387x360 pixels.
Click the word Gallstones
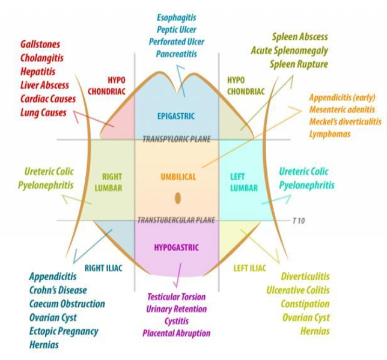point(40,45)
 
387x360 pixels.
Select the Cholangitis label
point(41,58)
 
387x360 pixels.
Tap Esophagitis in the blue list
point(177,18)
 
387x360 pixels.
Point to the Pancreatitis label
point(176,54)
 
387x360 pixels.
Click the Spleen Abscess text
point(300,37)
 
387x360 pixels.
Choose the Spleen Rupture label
point(299,64)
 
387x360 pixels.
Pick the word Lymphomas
point(329,133)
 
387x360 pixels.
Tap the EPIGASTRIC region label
point(176,116)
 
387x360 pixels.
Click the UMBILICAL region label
point(178,177)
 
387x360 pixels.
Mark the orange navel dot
point(178,198)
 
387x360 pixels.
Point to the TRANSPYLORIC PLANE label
point(176,139)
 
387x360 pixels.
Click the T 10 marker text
point(299,221)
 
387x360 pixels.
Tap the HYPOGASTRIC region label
point(177,247)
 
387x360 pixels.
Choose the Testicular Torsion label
point(176,297)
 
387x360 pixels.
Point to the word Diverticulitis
point(305,276)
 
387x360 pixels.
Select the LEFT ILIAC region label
point(249,269)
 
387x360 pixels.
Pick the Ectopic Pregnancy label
point(64,331)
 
